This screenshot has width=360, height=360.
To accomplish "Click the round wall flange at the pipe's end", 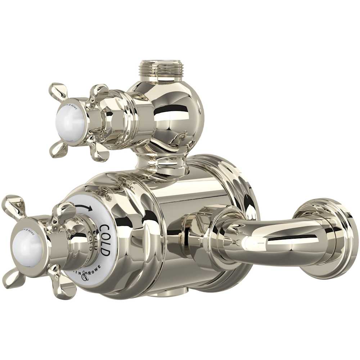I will coord(328,238).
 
